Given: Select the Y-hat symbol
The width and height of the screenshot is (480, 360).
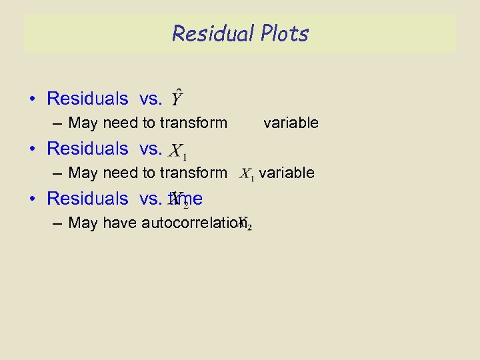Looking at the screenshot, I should point(177,99).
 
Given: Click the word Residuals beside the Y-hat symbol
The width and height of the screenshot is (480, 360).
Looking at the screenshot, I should point(87,99).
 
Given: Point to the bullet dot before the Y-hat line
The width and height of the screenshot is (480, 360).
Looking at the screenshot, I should point(32,99).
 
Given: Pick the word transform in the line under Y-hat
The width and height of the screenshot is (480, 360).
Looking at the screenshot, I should point(197,123).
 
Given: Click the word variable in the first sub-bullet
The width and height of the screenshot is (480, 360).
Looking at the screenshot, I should point(291,123).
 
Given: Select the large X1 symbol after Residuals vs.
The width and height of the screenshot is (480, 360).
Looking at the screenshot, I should point(177,150).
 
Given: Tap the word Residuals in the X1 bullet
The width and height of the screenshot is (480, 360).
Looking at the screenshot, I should point(87,148).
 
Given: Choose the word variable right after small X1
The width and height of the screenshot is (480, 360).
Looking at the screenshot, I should point(287,173).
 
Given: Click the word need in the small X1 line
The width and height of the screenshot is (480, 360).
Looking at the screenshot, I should point(121,173).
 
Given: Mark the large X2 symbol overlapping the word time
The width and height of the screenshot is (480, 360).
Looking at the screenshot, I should point(179,199).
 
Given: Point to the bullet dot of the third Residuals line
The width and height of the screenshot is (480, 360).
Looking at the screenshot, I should point(32,199).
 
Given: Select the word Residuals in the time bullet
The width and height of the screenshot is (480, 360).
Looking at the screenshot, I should point(87,198).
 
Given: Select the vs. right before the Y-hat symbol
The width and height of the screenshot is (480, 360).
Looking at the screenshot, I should point(151,99).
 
